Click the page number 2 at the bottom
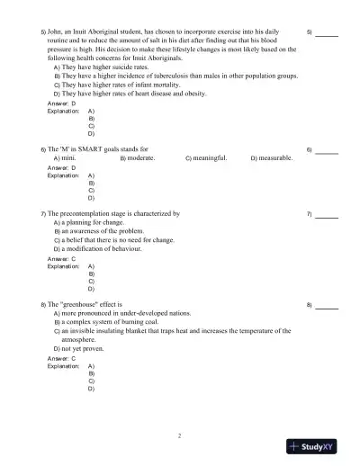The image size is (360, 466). tap(179, 435)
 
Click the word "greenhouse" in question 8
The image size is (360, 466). tap(80, 305)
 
